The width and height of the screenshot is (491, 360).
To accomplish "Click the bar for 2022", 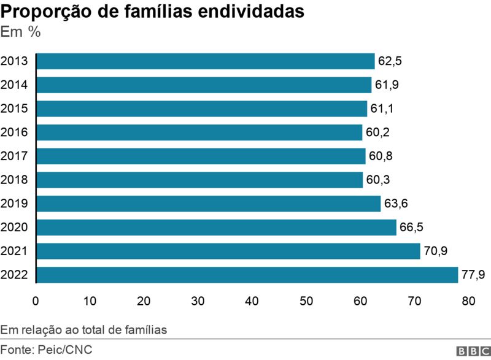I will point(247,275).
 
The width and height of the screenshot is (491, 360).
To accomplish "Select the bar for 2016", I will point(199,132).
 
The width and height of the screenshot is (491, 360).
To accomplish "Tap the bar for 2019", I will point(209,204).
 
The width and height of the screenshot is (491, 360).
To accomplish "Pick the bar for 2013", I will point(206,61).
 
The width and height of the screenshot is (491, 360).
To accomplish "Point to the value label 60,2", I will point(377,132).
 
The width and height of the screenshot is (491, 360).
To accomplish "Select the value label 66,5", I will point(412,228).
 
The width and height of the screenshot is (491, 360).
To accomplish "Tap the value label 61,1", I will point(382,109).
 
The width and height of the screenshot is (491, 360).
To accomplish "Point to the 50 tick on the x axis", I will point(306,301).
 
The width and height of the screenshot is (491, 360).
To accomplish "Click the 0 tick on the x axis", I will point(36,301).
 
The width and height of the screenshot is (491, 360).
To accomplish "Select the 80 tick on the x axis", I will point(469,301).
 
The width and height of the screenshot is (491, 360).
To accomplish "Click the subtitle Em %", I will point(21,32).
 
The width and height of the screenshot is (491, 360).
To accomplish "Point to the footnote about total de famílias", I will point(84,330).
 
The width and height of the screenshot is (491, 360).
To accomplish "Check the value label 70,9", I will point(436,251).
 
